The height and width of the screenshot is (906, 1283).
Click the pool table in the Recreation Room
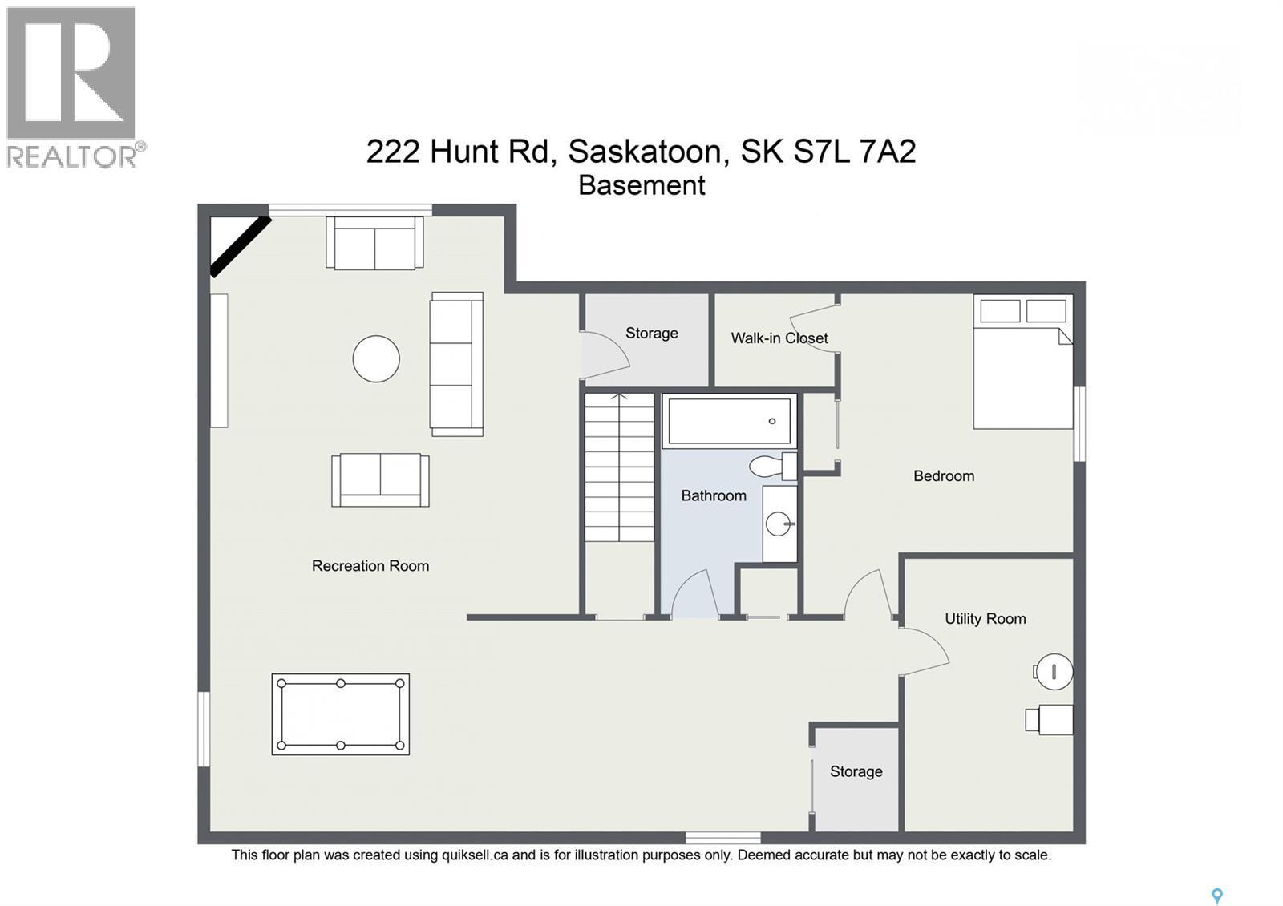click(341, 714)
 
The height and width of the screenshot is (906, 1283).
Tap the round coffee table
click(376, 358)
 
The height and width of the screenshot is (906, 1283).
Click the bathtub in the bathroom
click(729, 421)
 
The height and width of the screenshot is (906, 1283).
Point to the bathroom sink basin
click(779, 524)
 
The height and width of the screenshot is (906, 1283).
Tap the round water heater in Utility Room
click(1054, 671)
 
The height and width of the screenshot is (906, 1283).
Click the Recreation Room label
click(370, 566)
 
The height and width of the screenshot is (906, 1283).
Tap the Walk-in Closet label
click(779, 338)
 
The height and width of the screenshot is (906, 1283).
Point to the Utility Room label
click(985, 619)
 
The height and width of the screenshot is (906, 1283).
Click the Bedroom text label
click(944, 476)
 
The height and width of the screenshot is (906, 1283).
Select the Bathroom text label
click(714, 496)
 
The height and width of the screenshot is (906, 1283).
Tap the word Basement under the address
click(641, 185)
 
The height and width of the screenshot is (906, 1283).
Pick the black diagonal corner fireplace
click(239, 246)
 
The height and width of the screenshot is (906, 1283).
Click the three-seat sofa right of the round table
click(456, 364)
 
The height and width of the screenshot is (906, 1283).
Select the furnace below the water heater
click(1050, 719)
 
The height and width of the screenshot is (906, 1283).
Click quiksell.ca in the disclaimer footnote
click(475, 855)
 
